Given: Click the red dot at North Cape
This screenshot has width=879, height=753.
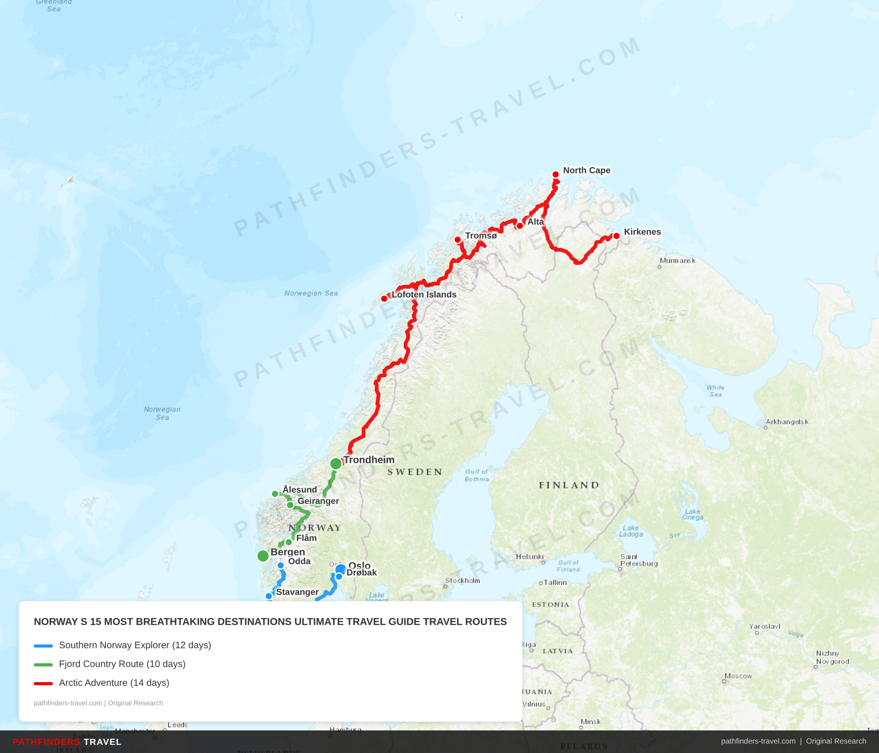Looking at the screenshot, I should coord(555,174).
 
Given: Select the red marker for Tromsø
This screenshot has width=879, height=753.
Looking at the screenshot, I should coord(458,240).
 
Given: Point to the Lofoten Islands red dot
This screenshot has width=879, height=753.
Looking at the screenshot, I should coord(384,299).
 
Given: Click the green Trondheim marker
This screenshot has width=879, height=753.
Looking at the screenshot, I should coord(335,463).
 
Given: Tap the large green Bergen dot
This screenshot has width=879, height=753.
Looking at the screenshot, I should coord(263,555).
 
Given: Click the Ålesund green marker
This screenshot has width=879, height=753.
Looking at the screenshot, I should coord(275,494).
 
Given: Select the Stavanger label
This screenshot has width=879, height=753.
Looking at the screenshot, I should coord(297,592).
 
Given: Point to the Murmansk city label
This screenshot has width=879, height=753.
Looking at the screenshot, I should coord(677,260).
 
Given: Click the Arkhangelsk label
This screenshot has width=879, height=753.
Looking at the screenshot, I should coord(787,421).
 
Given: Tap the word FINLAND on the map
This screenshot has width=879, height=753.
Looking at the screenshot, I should coord(569,485).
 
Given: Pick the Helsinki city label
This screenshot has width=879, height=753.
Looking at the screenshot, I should coord(529,557).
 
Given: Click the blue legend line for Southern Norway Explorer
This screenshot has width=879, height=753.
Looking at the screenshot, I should coord(43,646).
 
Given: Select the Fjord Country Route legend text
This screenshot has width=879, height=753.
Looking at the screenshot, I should coord(122,664).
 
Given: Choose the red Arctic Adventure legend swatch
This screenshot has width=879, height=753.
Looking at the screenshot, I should coord(43,683).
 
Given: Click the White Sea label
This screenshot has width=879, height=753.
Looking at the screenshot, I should coord(715,391).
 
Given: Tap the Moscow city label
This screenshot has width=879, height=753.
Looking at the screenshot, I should coord(738,676).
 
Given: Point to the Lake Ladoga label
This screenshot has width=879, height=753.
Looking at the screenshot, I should coord(631,531).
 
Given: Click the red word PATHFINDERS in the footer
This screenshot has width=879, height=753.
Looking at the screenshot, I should coord(46,742).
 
